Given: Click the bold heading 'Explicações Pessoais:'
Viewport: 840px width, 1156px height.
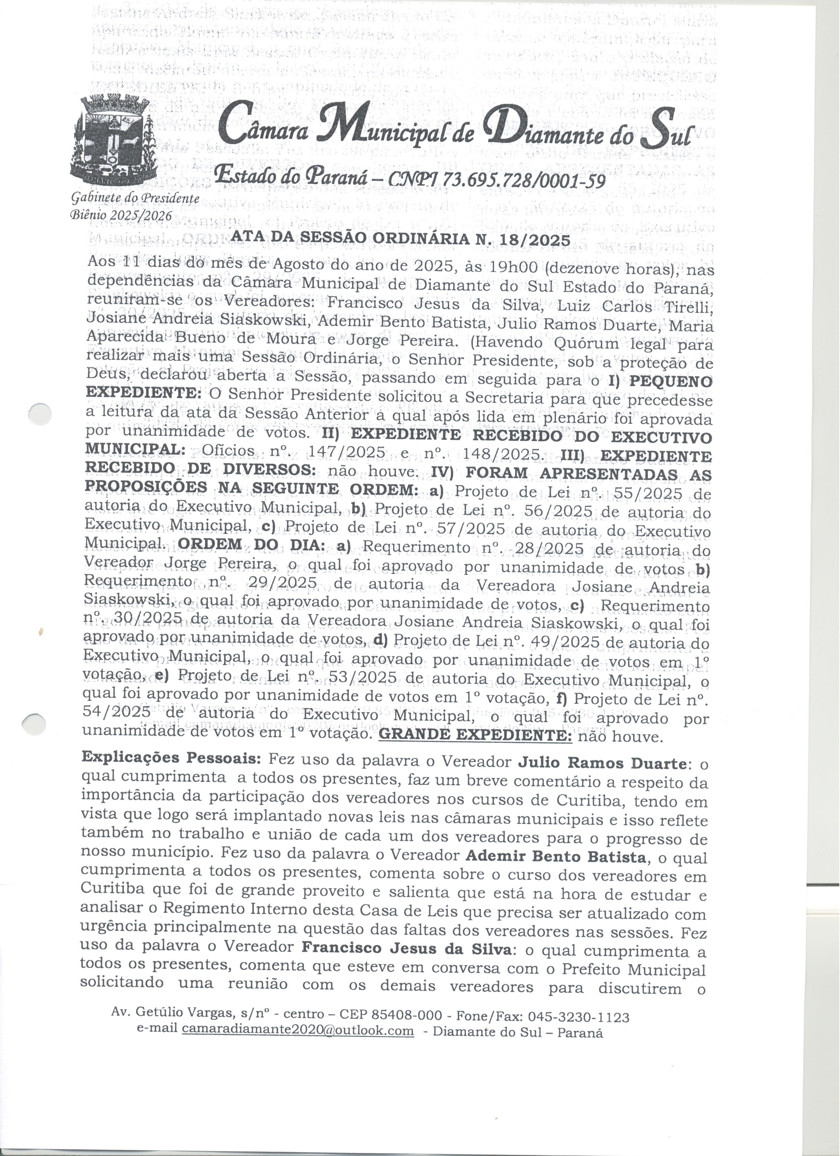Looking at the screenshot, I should (172, 758).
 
